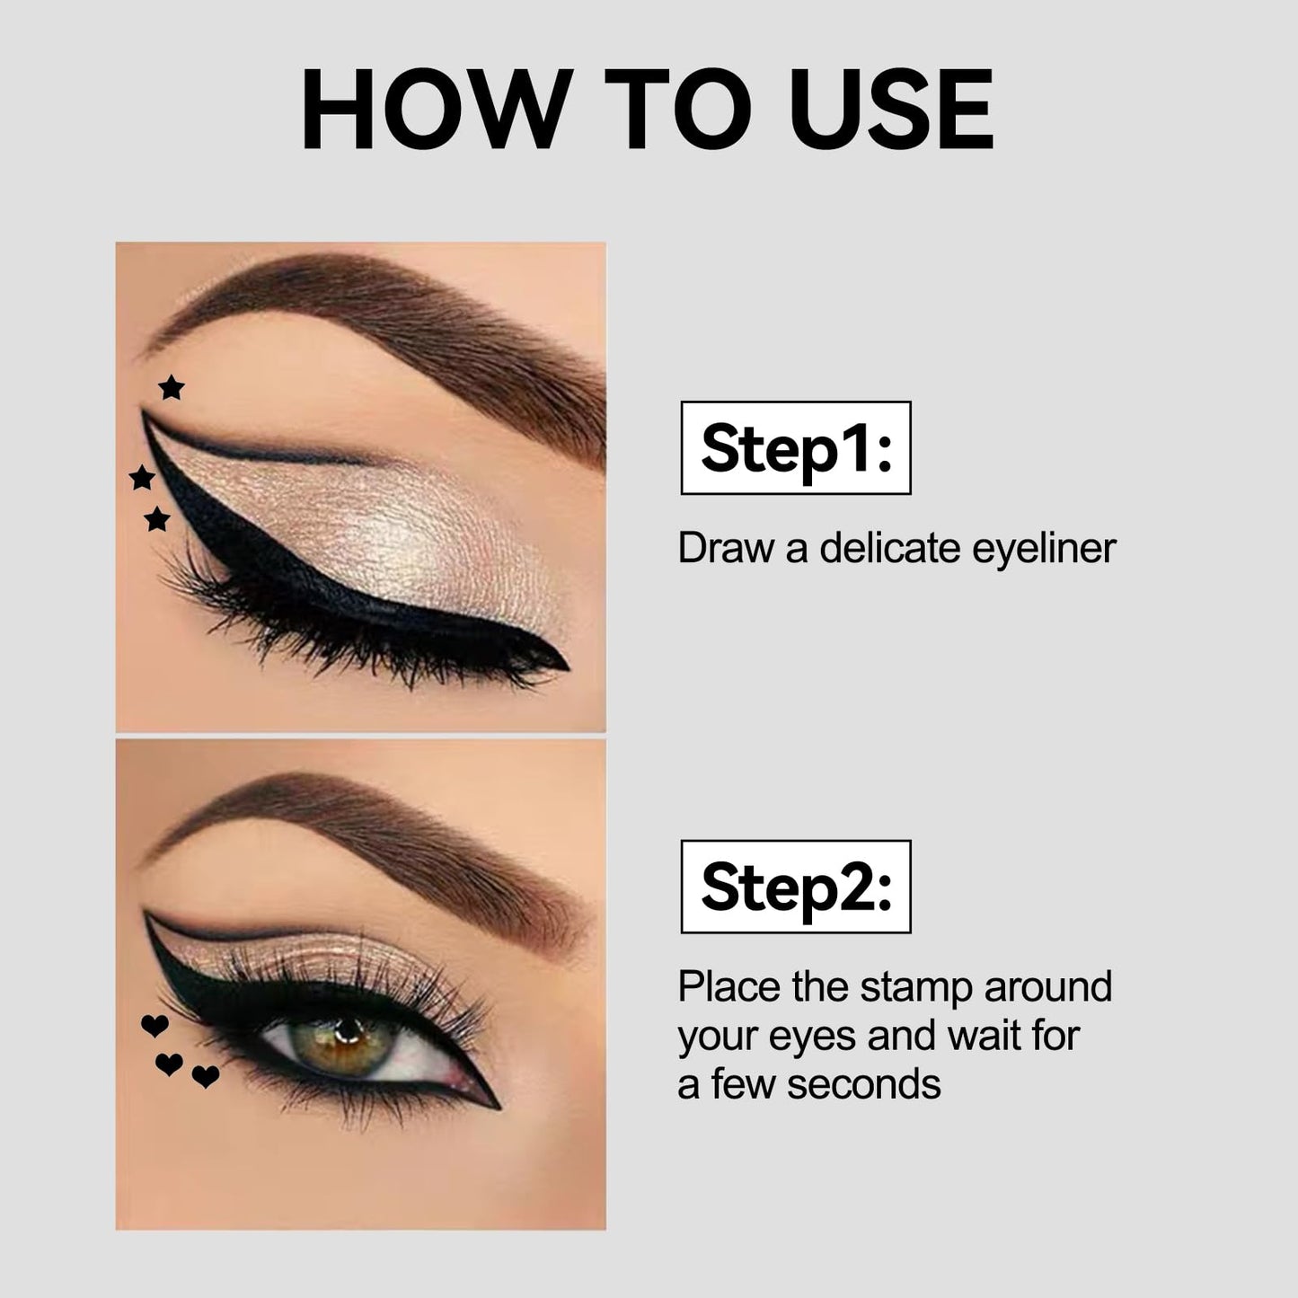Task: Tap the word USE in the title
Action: [x=890, y=108]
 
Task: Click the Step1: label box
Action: [x=796, y=448]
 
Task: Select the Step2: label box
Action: [x=796, y=887]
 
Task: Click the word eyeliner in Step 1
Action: [x=1044, y=549]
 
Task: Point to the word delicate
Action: [x=890, y=548]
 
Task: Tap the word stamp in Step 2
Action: [x=916, y=988]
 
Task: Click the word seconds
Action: [x=864, y=1085]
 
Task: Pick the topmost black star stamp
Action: [x=171, y=387]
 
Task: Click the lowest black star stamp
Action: [x=157, y=518]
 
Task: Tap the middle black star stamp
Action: [x=142, y=477]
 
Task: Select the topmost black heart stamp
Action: [x=155, y=1025]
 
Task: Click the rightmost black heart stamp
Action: [x=206, y=1076]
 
